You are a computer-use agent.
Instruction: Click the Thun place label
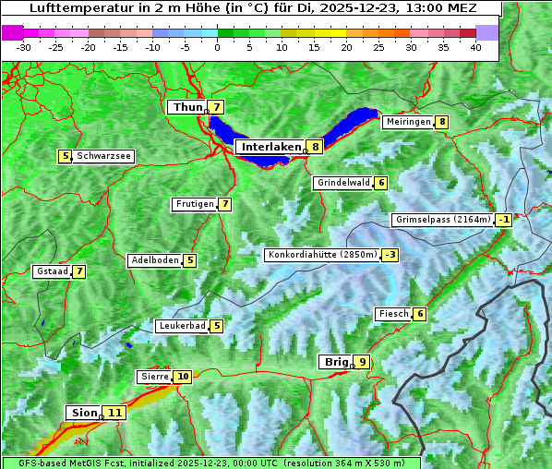point(186,107)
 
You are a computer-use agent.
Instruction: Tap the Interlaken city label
point(271,147)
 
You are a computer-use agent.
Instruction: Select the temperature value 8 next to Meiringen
point(442,122)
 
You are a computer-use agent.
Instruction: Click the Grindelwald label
point(342,183)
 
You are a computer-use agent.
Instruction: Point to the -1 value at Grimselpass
point(503,220)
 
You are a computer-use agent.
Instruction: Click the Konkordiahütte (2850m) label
point(322,255)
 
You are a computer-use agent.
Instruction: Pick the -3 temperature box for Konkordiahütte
point(390,255)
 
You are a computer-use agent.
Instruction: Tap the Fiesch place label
point(393,314)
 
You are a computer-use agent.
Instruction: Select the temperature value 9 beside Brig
point(363,362)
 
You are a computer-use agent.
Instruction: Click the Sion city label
point(81,413)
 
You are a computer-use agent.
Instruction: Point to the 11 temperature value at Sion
point(114,413)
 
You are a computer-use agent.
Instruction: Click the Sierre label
point(154,377)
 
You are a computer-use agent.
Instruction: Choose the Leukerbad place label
point(181,326)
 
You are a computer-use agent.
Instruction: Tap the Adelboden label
point(154,260)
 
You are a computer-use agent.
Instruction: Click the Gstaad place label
point(52,271)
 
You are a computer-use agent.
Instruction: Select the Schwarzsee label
point(102,156)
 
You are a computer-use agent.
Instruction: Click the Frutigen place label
point(194,204)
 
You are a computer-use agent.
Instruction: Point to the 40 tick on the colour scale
point(475,47)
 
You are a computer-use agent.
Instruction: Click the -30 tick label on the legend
point(24,47)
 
